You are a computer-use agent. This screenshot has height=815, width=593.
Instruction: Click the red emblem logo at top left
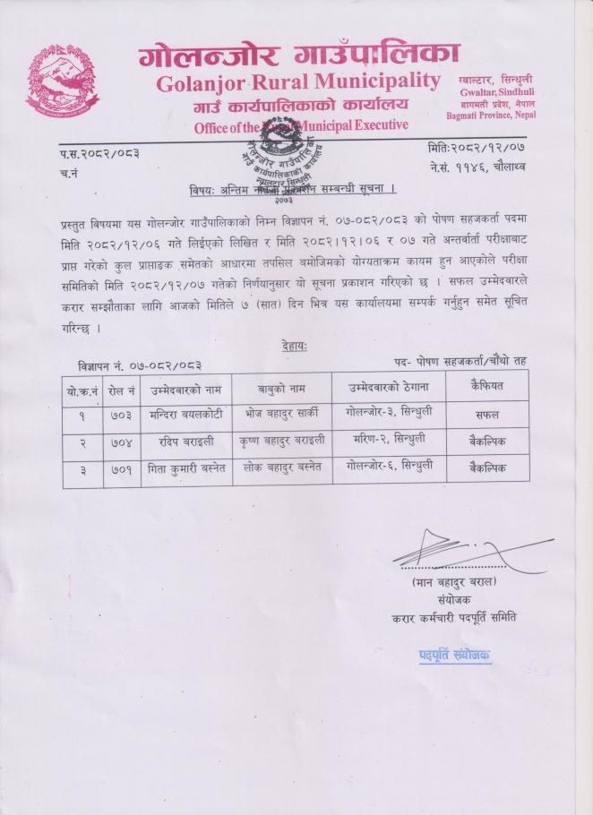63,81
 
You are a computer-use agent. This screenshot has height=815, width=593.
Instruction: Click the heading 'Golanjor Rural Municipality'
298,82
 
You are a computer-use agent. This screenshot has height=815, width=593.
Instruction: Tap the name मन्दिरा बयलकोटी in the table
185,416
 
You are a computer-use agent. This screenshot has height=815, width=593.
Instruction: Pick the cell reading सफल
487,416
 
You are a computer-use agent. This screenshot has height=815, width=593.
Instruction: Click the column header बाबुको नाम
279,390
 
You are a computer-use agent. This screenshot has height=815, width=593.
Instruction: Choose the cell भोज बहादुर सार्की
279,416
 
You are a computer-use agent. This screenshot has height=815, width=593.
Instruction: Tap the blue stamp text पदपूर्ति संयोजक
454,656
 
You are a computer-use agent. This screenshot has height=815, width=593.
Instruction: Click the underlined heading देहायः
295,347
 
